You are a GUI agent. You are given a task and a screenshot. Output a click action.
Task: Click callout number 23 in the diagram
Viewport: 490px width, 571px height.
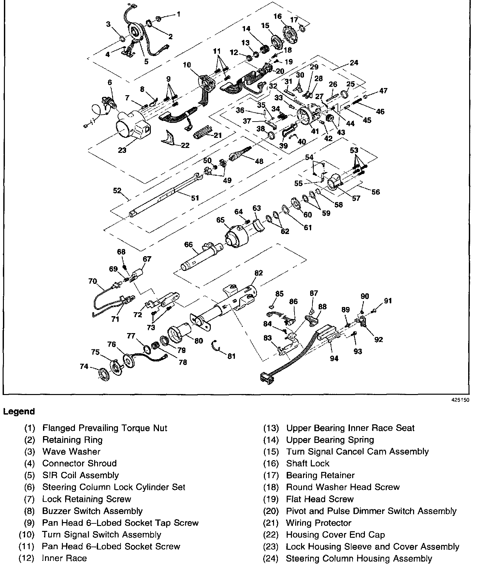pyautogui.click(x=122, y=150)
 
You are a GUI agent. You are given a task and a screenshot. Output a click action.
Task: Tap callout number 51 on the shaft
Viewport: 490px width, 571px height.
pyautogui.click(x=195, y=198)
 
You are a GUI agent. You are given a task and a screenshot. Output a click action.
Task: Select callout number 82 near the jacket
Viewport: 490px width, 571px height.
pyautogui.click(x=258, y=273)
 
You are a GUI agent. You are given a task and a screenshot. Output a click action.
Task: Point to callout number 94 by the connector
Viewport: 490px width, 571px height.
pyautogui.click(x=334, y=359)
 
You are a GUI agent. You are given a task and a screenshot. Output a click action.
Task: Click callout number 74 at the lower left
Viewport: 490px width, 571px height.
pyautogui.click(x=84, y=366)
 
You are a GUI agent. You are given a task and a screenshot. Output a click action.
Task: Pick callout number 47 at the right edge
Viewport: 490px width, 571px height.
pyautogui.click(x=383, y=90)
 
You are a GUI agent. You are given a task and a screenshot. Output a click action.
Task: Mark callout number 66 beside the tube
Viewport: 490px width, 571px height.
pyautogui.click(x=189, y=244)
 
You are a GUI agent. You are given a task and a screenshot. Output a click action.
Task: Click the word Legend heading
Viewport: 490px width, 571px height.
pyautogui.click(x=19, y=412)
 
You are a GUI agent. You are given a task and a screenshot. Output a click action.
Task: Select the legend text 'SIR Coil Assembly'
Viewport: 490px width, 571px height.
pyautogui.click(x=80, y=475)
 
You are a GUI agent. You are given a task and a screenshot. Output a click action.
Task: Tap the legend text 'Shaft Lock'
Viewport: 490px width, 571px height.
pyautogui.click(x=308, y=463)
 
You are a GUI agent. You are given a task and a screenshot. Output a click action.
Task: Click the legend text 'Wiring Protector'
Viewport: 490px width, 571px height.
pyautogui.click(x=319, y=523)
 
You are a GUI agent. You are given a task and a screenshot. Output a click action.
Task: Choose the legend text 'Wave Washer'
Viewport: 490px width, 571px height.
pyautogui.click(x=71, y=451)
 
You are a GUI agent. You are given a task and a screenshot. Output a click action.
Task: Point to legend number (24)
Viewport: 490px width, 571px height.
pyautogui.click(x=271, y=558)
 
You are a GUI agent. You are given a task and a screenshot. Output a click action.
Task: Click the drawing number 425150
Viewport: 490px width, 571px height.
pyautogui.click(x=461, y=400)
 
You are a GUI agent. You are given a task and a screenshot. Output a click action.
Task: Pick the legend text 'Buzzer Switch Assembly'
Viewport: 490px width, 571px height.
pyautogui.click(x=93, y=511)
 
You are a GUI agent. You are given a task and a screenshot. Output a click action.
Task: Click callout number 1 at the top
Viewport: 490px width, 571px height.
pyautogui.click(x=178, y=14)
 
